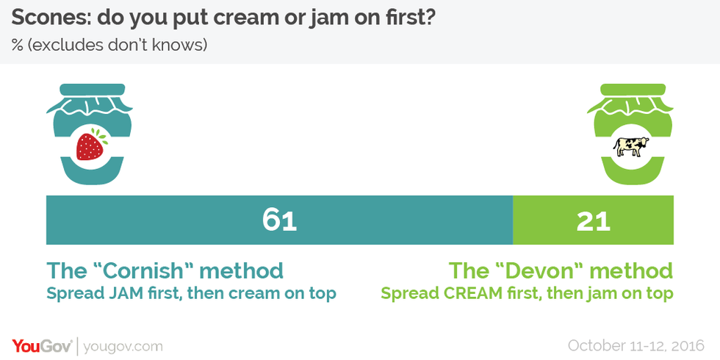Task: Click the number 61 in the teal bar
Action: click(x=280, y=220)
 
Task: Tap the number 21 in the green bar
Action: click(x=594, y=220)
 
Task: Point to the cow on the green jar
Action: click(x=631, y=146)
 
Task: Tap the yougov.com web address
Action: click(x=123, y=346)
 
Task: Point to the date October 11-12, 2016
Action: click(x=636, y=345)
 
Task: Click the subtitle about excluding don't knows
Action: click(x=109, y=46)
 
